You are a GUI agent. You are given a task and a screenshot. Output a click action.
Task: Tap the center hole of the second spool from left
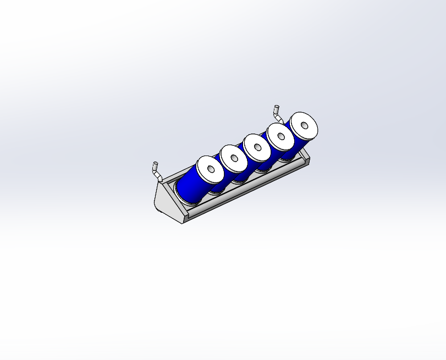point(234,158)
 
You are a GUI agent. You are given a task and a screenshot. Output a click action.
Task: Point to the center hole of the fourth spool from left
point(281,136)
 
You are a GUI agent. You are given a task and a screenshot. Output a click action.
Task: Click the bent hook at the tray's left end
point(157,173)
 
